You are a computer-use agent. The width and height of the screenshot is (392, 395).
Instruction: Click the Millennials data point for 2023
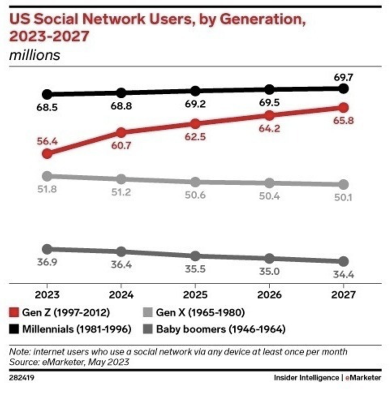click(47, 94)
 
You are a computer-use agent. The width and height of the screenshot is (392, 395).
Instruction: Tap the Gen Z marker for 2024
click(121, 132)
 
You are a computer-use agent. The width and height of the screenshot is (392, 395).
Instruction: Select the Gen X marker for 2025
click(195, 182)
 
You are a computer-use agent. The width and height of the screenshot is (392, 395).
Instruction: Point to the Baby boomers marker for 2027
click(343, 261)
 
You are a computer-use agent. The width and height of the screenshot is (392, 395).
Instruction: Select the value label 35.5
click(195, 270)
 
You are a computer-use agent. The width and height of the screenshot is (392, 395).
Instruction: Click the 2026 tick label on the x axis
click(269, 295)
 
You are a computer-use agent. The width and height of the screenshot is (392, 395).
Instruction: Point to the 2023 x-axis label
click(47, 295)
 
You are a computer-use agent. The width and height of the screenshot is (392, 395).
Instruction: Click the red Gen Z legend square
click(15, 313)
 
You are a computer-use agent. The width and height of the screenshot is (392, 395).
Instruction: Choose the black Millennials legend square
click(15, 328)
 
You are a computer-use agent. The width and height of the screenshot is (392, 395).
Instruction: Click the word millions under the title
click(34, 55)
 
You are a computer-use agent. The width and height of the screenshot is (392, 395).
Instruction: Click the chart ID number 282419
click(21, 378)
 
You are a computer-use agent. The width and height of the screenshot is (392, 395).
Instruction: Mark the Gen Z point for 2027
click(343, 107)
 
